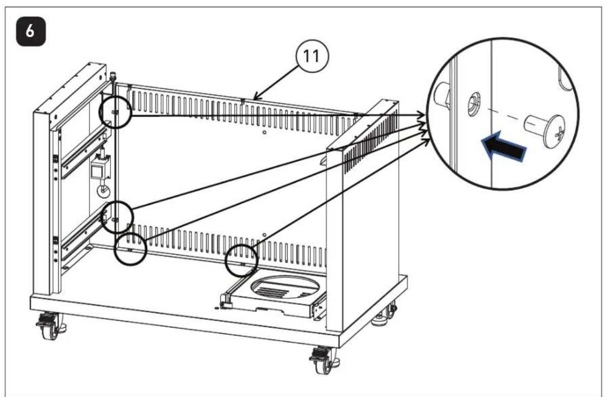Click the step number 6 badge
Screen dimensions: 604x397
click(31, 32)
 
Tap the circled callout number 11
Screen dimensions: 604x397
click(312, 57)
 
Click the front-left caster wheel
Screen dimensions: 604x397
click(49, 327)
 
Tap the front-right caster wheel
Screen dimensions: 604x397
click(323, 361)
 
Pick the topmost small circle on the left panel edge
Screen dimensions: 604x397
click(115, 112)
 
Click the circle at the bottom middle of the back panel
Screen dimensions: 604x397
click(241, 261)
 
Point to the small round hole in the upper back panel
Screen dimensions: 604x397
click(264, 132)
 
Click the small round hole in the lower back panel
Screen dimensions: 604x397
click(264, 234)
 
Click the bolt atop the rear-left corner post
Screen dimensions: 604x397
click(112, 75)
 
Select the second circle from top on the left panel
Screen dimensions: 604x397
click(117, 217)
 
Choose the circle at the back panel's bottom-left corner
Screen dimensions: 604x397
click(131, 249)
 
